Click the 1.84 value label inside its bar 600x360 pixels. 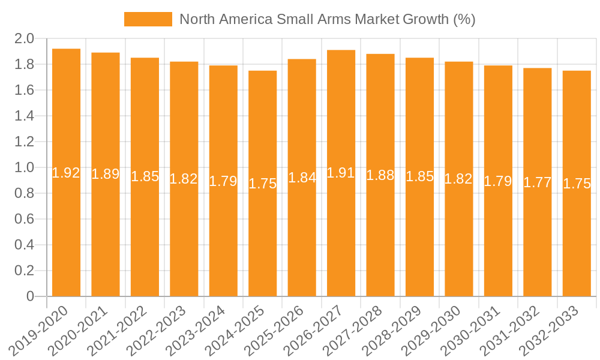(302, 178)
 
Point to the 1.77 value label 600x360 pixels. (538, 182)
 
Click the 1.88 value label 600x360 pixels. (380, 175)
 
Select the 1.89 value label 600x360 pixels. (106, 175)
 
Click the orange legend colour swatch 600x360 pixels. (148, 19)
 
